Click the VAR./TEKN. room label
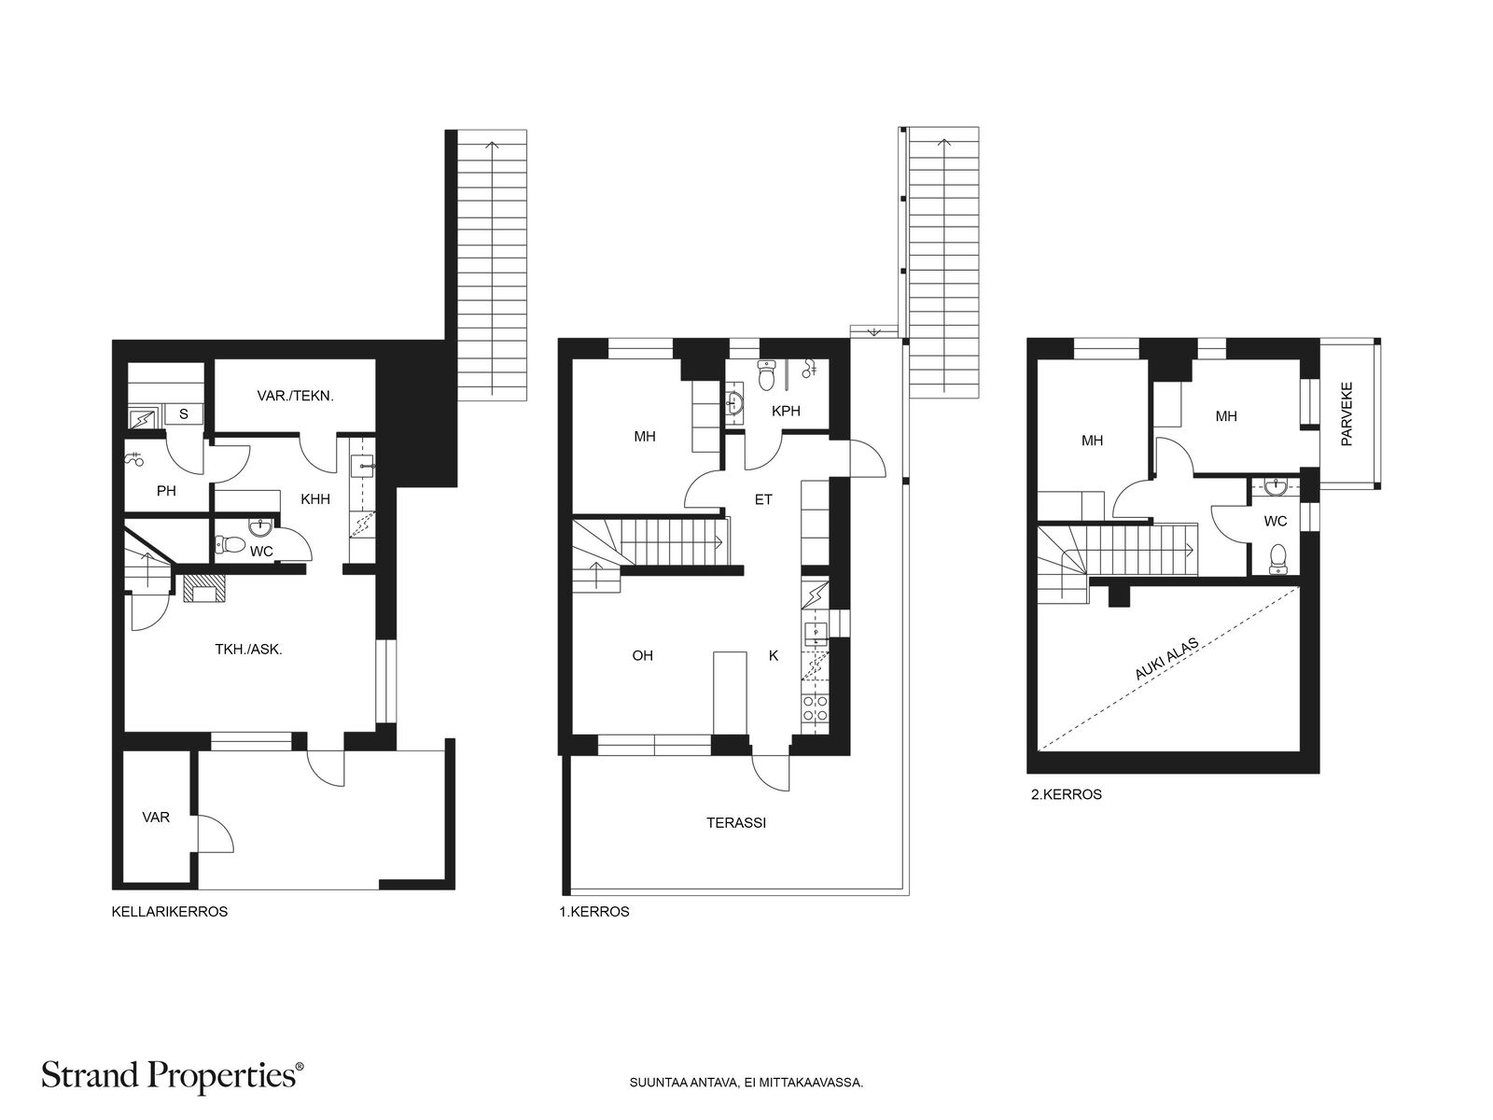(x=295, y=396)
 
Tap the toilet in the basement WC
(x=230, y=544)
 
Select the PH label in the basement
(x=166, y=491)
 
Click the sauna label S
(x=184, y=414)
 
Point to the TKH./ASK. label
(x=248, y=650)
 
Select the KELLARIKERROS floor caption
(x=169, y=913)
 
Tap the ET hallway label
(x=763, y=499)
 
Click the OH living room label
(x=642, y=656)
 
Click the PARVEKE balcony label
(x=1346, y=413)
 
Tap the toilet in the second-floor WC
(x=1278, y=557)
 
